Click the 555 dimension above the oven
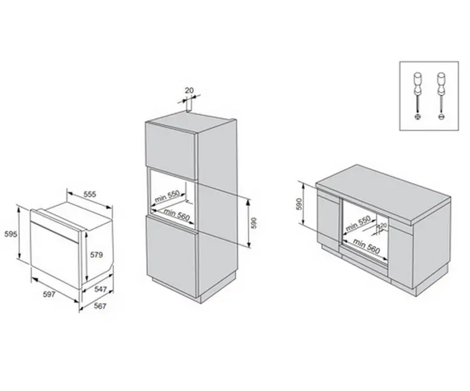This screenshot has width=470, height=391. tap(90, 194)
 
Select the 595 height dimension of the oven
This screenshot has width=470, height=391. tap(8, 233)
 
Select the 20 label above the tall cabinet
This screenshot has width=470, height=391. tap(189, 91)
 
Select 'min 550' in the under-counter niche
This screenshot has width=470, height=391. tap(358, 223)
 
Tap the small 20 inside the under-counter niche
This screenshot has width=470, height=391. tap(383, 225)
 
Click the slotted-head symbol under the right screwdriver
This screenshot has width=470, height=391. tap(441, 117)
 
